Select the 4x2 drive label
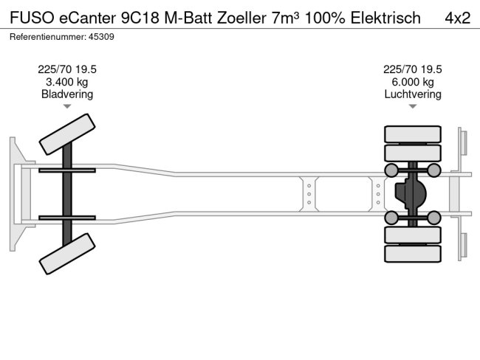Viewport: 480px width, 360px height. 457,17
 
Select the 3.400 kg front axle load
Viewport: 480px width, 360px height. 67,82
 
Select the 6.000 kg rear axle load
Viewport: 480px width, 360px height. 413,82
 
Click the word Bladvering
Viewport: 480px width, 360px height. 67,94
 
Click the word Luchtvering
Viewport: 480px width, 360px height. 413,94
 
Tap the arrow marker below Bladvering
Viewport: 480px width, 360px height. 67,106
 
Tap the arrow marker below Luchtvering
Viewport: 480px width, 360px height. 413,106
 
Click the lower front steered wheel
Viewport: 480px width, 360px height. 67,253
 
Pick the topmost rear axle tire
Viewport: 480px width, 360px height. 413,134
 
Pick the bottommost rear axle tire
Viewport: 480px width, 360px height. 413,254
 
